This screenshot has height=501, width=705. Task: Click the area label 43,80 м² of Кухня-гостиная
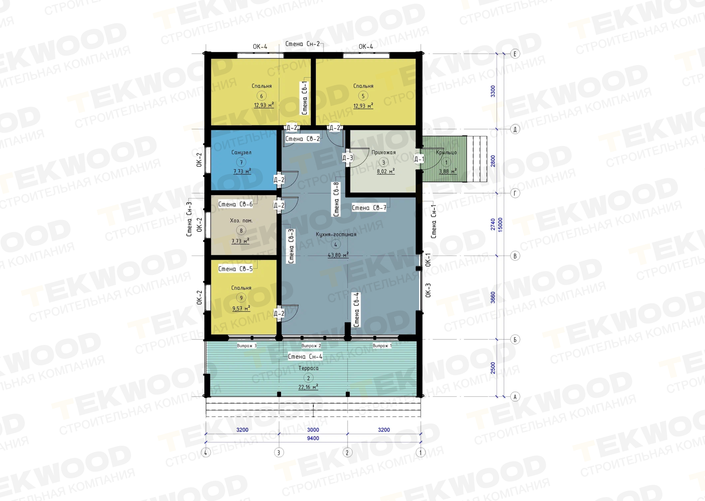338,255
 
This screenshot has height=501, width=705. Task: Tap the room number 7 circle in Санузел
241,162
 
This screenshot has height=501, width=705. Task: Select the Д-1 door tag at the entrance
419,159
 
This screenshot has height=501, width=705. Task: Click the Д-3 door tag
347,158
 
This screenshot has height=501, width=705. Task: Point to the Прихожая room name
384,152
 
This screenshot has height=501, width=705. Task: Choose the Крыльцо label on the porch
446,152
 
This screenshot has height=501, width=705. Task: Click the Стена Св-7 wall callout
369,208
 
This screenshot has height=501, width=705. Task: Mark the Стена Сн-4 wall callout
305,357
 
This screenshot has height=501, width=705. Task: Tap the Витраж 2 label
311,346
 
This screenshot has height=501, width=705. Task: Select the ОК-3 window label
428,290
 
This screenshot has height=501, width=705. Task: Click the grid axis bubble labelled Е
515,54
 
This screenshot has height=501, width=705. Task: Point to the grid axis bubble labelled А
515,397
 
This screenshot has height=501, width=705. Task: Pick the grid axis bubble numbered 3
279,453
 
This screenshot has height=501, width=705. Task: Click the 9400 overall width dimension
313,438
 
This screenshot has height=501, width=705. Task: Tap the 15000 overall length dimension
500,225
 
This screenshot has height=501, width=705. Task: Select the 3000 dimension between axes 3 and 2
313,430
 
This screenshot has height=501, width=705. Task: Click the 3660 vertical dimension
493,297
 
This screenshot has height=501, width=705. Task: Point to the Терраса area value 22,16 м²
308,387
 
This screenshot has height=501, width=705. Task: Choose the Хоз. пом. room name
241,221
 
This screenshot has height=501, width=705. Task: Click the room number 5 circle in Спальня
363,96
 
